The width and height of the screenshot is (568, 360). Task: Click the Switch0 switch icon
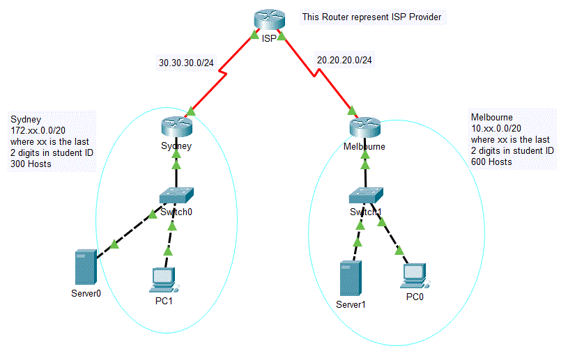[x=176, y=196]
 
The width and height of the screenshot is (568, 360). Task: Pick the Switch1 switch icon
[x=365, y=196]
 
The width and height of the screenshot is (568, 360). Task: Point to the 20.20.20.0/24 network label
[x=344, y=61]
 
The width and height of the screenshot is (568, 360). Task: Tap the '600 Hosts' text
[x=491, y=162]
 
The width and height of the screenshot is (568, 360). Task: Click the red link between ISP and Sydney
[x=223, y=72]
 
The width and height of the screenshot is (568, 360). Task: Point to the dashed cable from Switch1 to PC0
[x=391, y=236]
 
